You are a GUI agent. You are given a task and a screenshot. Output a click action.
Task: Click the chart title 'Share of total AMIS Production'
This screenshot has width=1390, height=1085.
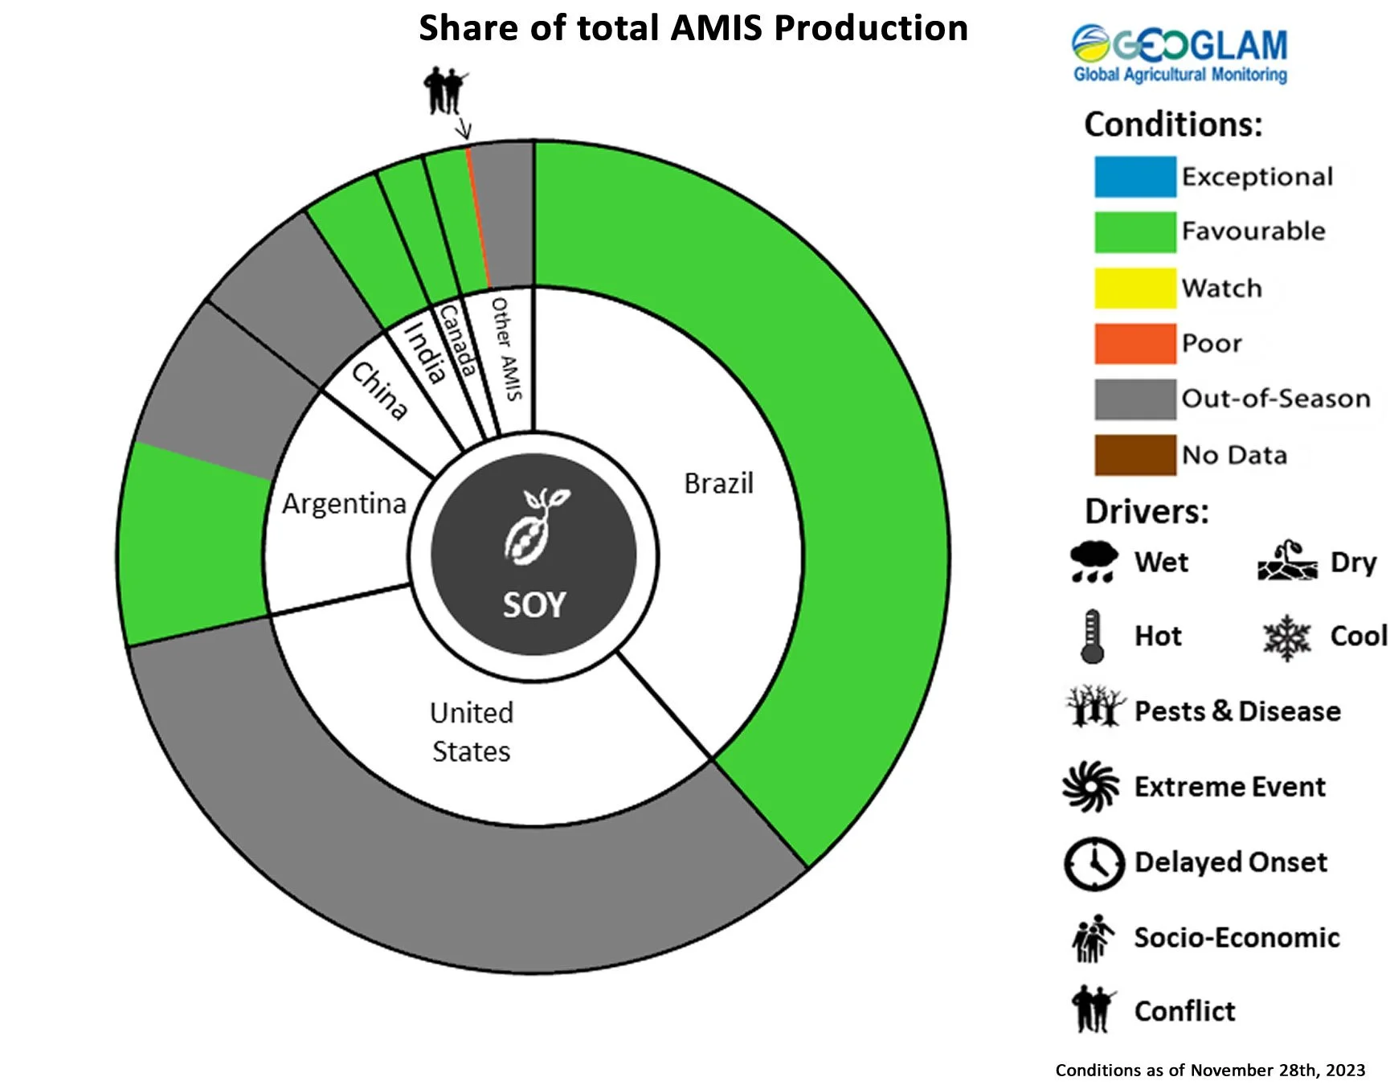click(x=693, y=29)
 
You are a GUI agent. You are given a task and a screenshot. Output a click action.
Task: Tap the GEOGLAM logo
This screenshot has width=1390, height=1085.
click(x=1179, y=53)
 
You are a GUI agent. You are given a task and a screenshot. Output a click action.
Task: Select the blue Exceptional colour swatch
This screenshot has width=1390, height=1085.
click(x=1134, y=177)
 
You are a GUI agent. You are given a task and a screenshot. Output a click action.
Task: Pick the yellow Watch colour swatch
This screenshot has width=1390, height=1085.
click(x=1134, y=288)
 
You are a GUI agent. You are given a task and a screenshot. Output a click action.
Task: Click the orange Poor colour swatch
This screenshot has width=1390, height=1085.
click(x=1134, y=343)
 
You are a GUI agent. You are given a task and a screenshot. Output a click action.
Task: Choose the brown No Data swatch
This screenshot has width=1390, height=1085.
click(x=1134, y=455)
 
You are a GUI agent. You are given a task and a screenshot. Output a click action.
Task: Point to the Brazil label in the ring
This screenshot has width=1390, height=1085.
click(x=718, y=484)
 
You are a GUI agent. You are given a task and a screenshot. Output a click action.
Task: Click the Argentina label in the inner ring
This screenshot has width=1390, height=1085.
click(x=344, y=504)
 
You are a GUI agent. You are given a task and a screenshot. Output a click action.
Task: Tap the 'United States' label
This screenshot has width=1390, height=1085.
click(x=472, y=731)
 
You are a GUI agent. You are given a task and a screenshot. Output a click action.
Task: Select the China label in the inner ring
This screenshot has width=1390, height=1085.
click(x=379, y=391)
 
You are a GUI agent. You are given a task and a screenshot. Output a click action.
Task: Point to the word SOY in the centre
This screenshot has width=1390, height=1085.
click(x=534, y=605)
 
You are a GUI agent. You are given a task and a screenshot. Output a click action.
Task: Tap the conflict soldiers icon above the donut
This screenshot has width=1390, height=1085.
click(x=444, y=89)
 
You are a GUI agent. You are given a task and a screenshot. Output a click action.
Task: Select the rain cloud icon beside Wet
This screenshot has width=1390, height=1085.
click(x=1094, y=561)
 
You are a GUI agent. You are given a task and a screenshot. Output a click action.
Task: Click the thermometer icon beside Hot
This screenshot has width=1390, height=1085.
click(x=1092, y=636)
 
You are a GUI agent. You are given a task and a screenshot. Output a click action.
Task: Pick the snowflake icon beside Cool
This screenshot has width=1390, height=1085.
click(x=1286, y=637)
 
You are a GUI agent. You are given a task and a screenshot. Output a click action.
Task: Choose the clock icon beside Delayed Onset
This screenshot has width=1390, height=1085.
click(x=1094, y=863)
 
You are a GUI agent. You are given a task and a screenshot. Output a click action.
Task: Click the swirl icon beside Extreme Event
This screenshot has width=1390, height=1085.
click(x=1091, y=787)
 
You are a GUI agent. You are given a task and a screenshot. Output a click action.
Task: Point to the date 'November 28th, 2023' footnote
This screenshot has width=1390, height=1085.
click(x=1278, y=1070)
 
